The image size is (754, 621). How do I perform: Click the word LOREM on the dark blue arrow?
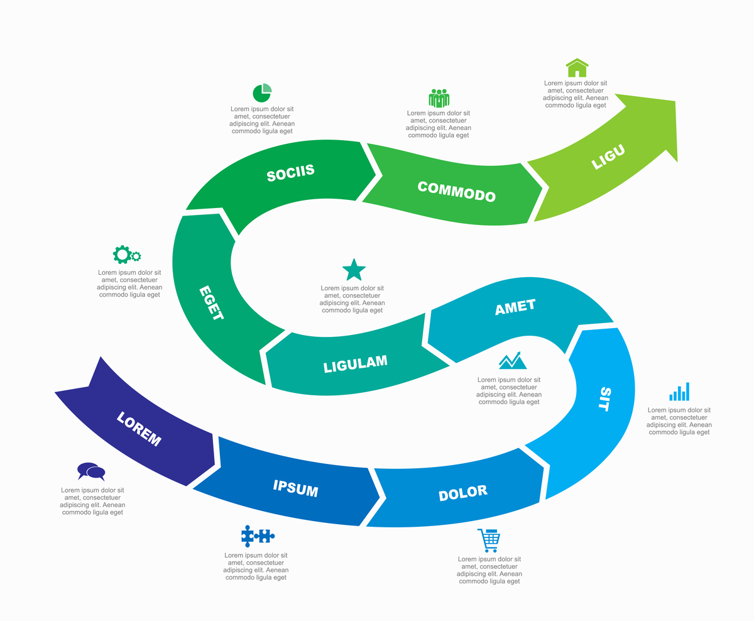tap(139, 429)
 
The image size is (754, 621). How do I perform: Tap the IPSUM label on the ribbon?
tap(295, 488)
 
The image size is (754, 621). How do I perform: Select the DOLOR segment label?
tap(462, 493)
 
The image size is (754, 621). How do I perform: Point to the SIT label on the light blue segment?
tap(604, 399)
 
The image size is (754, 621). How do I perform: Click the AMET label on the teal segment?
tap(515, 307)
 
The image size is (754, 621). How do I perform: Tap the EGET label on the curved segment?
tap(211, 304)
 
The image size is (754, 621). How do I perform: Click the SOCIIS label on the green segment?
tap(290, 172)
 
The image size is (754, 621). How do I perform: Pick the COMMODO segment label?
tap(457, 191)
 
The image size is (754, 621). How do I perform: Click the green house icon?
tap(577, 68)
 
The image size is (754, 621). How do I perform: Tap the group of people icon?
tap(439, 98)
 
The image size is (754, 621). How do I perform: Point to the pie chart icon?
tap(262, 93)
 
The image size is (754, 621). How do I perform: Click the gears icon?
tap(126, 255)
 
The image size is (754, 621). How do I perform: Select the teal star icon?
tap(354, 270)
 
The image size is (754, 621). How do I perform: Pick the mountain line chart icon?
tap(513, 360)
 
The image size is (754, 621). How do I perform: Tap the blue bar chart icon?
tap(679, 392)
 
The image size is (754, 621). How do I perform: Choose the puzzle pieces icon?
tap(258, 536)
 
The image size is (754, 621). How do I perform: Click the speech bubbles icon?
tap(91, 471)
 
